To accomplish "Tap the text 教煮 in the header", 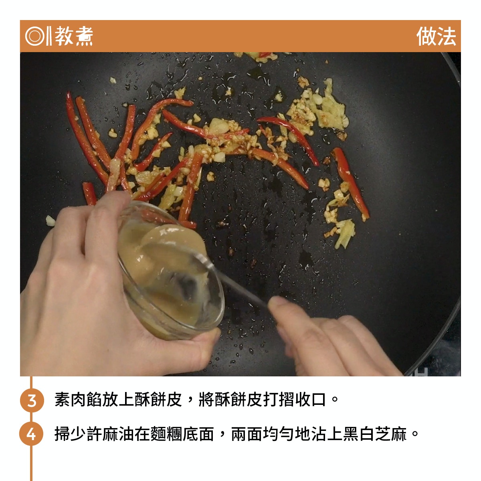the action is point(74,36).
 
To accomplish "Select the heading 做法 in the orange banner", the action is point(436,36).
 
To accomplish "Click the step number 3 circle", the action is point(32,400).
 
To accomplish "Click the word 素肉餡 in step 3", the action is point(79,400).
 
